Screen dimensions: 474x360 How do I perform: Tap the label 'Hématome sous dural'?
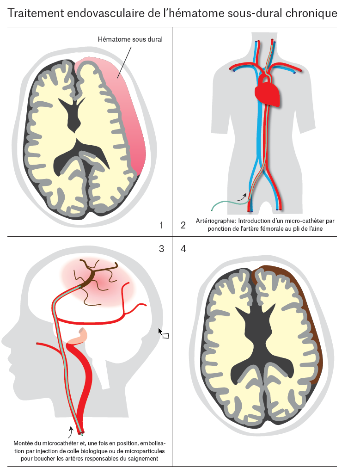130,39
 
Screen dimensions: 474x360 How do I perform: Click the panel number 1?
161,225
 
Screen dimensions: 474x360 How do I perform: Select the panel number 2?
183,225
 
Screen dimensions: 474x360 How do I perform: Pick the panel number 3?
161,249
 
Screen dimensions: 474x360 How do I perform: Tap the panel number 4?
183,249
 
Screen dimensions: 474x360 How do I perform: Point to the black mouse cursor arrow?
160,332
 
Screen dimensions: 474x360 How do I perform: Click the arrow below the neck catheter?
70,433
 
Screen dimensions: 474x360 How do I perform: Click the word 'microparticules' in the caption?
138,451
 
